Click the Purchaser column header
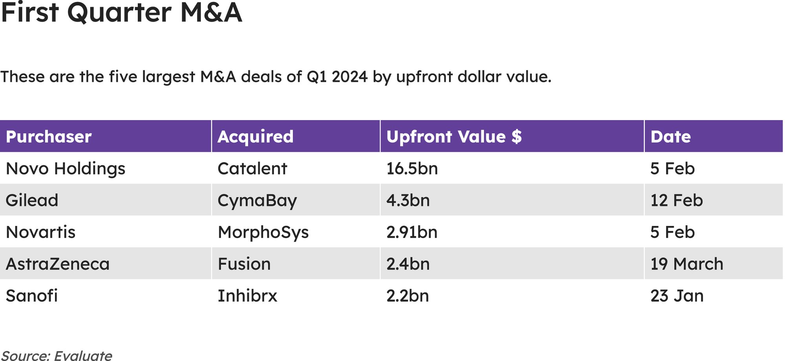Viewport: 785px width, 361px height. [49, 137]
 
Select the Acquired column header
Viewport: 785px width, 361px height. [256, 137]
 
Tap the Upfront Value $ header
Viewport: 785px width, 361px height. [454, 137]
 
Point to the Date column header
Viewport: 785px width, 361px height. [670, 137]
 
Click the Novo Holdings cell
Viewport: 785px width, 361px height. [66, 169]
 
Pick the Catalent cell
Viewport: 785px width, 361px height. [252, 169]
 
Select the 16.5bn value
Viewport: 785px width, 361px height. [412, 169]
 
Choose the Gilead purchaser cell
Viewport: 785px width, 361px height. [32, 201]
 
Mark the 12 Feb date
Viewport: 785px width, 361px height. [676, 201]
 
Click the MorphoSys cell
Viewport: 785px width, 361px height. [263, 232]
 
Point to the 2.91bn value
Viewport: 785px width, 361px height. [412, 232]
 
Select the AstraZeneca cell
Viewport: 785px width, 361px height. [58, 264]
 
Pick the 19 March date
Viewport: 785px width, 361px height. [686, 264]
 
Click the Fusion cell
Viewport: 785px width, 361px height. [244, 264]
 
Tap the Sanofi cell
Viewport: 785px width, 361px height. [32, 296]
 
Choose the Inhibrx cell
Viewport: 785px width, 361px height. [247, 296]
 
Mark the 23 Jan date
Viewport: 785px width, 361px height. [677, 296]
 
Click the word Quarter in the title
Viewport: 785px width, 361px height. [120, 13]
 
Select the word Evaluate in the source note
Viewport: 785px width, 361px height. [83, 356]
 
